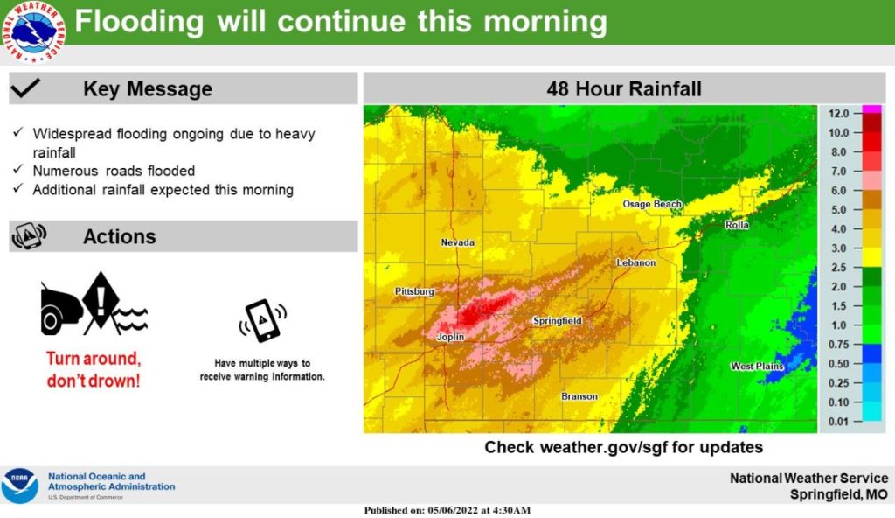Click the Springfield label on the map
click(557, 321)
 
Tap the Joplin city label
click(449, 337)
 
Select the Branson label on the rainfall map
click(579, 396)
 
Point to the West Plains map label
click(757, 366)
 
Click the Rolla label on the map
click(737, 226)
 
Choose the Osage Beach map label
click(651, 204)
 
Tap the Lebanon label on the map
click(635, 262)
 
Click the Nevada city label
click(457, 242)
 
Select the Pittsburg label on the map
click(414, 290)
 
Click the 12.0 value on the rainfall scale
click(839, 114)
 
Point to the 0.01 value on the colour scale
click(839, 422)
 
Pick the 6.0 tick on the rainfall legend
click(839, 191)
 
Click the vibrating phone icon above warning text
click(262, 321)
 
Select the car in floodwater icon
click(94, 306)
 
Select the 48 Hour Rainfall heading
click(623, 88)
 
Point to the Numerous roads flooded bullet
click(114, 171)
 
